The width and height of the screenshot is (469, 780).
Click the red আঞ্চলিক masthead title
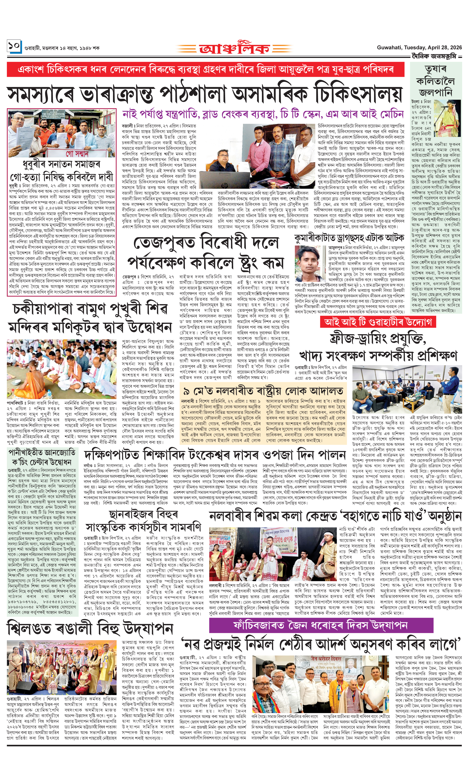(234, 48)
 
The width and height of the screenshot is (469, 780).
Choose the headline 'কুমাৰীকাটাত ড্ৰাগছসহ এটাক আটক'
(349, 237)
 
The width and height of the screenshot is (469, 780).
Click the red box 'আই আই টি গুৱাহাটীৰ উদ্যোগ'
(378, 322)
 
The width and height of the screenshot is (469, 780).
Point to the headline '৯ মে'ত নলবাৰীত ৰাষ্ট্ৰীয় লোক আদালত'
(263, 391)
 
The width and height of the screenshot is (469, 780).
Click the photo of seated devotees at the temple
(62, 369)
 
